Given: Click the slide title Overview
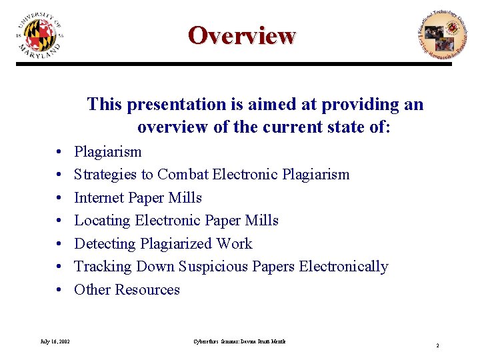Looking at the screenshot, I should click(x=241, y=35).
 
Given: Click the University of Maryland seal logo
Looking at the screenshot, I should click(x=40, y=35).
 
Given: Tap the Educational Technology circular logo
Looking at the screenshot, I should click(x=438, y=35).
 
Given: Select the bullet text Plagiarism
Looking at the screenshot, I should click(x=107, y=151).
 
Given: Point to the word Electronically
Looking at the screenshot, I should click(x=343, y=267).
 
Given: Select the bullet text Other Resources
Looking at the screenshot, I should click(x=127, y=289).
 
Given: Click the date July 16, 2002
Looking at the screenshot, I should click(x=55, y=341).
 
